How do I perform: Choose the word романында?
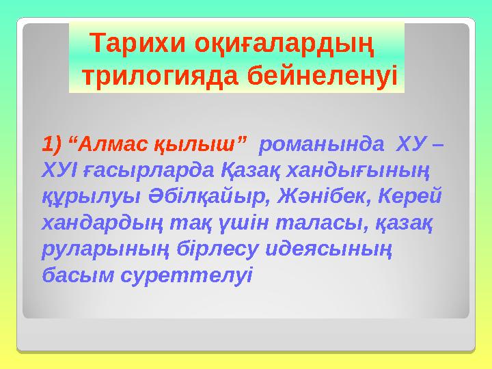318,144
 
